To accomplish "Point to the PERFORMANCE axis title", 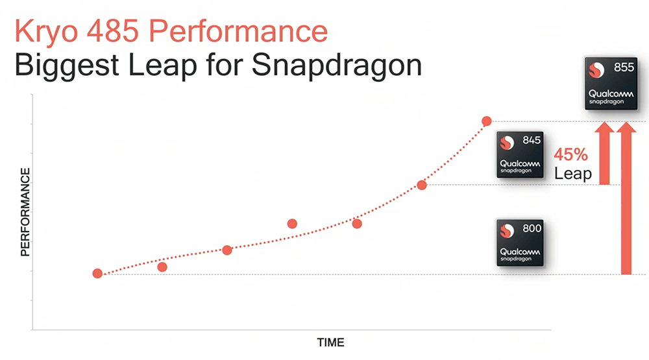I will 25,211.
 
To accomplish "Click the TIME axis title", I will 330,342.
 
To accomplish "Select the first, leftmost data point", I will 97,274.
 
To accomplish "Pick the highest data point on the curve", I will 486,121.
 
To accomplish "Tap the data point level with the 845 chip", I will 422,185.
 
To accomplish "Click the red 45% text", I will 570,155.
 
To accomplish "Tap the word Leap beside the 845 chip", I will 572,173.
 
